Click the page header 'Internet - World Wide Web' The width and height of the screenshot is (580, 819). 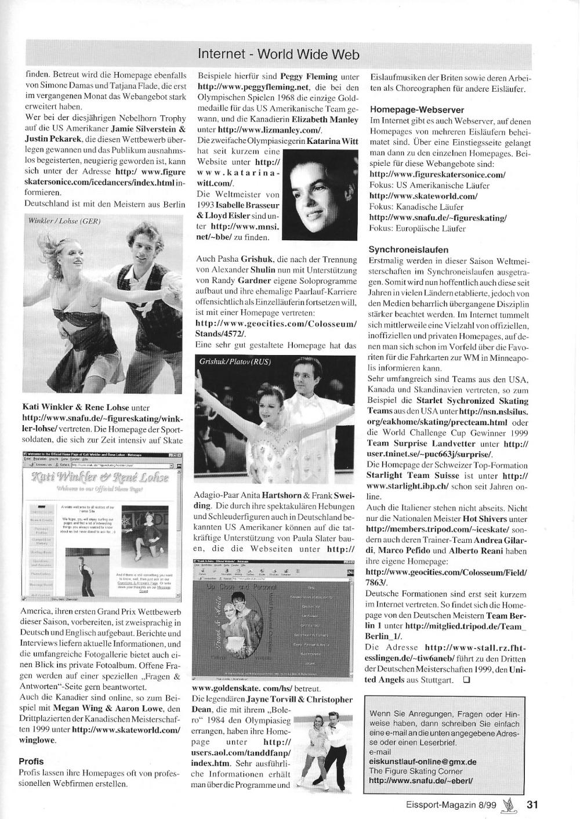(278, 55)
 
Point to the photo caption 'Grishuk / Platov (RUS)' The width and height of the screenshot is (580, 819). (235, 361)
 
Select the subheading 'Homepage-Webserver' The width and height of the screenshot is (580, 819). (408, 110)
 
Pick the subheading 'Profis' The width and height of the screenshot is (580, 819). (31, 761)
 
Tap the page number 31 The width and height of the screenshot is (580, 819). (533, 804)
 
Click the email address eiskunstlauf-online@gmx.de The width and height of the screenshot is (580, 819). (422, 762)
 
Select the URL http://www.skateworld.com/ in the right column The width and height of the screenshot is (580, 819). (423, 196)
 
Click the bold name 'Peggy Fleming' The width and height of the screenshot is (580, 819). (309, 76)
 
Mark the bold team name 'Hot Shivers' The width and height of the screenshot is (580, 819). (485, 519)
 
